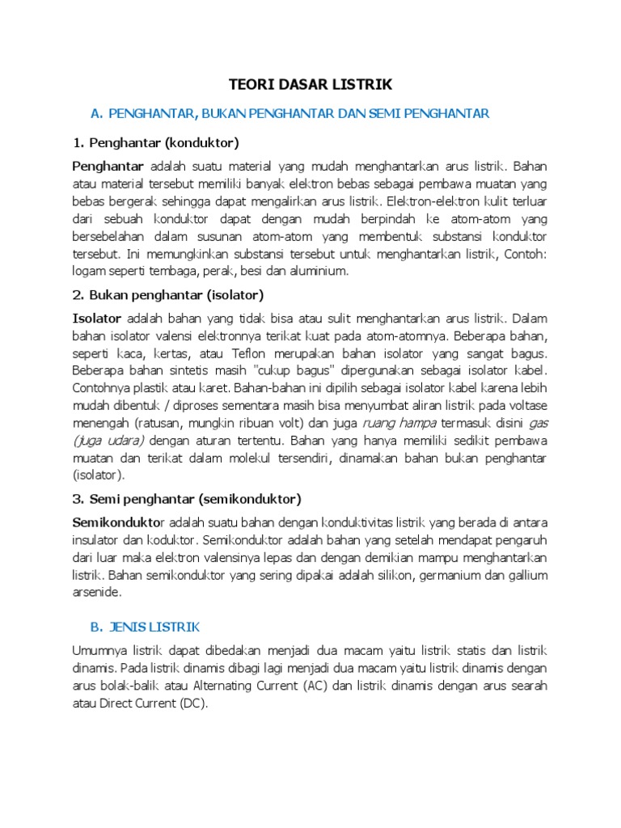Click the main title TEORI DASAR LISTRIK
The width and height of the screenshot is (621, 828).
coord(310,84)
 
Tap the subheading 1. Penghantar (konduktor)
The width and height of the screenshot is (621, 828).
coord(156,143)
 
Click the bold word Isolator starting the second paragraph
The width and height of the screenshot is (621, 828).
coord(97,318)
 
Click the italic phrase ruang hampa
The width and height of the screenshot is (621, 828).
coord(399,422)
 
